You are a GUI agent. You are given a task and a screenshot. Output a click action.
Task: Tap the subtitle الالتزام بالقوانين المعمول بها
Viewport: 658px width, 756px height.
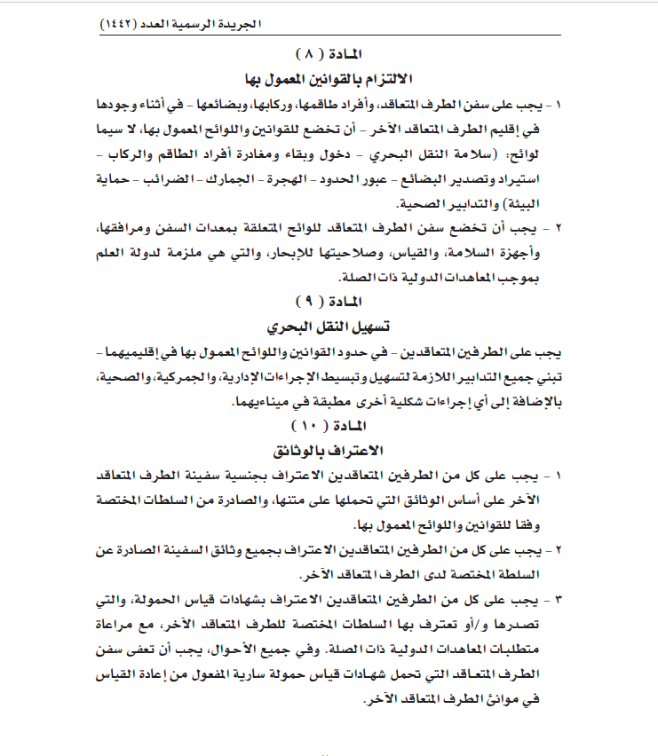coord(329,78)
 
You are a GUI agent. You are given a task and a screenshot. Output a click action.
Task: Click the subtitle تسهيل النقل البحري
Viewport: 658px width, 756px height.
coord(329,326)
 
